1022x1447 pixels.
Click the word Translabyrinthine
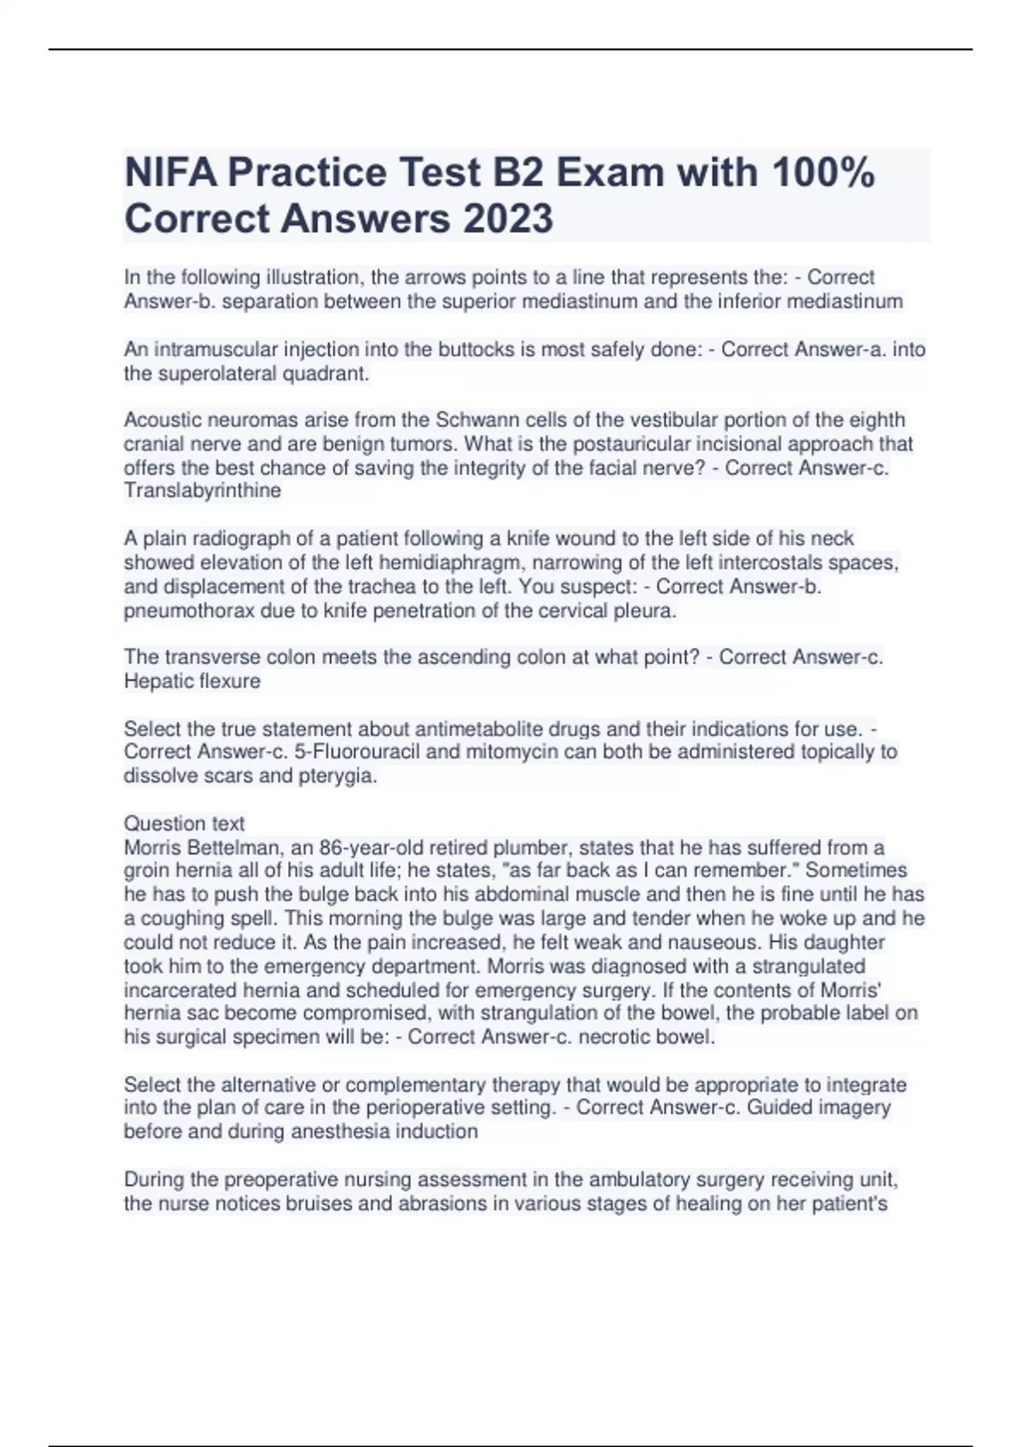point(202,491)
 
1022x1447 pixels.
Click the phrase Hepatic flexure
point(192,682)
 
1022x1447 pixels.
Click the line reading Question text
point(184,824)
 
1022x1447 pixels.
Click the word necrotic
point(606,1038)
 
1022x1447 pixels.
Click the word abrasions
point(482,1204)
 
